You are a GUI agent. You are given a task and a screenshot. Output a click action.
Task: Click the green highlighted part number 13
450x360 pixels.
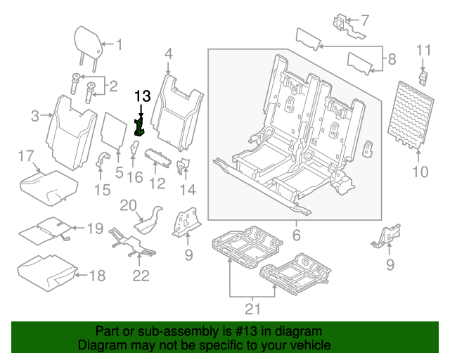pyautogui.click(x=139, y=127)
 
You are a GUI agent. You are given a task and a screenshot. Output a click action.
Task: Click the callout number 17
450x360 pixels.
pyautogui.click(x=26, y=155)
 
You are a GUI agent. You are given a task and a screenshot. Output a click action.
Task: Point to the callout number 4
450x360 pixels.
pyautogui.click(x=168, y=53)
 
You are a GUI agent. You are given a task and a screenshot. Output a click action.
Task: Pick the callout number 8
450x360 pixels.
pyautogui.click(x=392, y=58)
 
